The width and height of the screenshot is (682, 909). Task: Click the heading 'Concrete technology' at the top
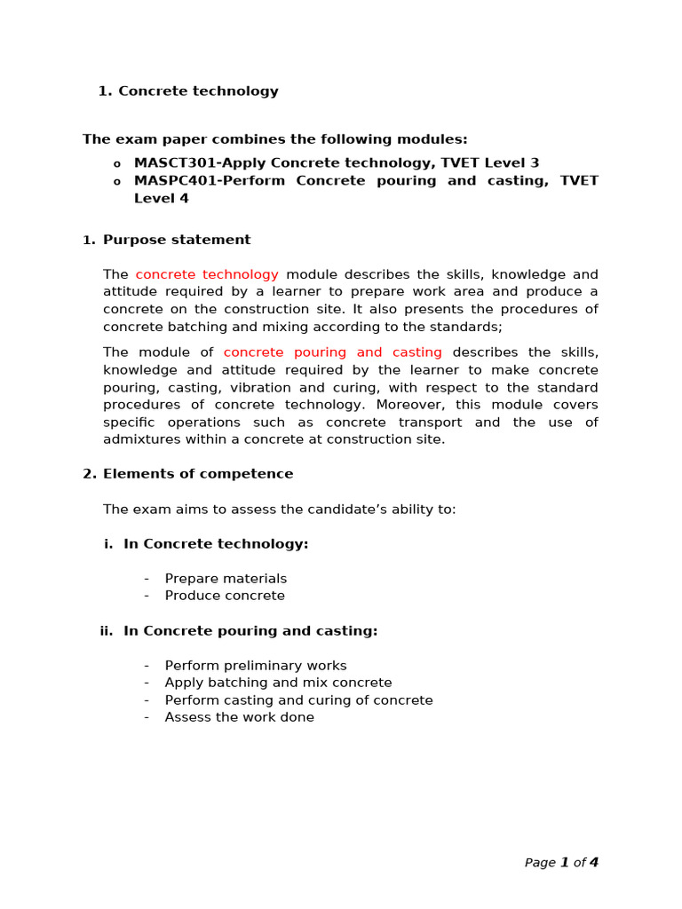198,91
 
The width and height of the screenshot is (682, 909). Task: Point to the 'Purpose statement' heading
177,240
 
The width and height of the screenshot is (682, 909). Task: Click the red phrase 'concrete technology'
207,275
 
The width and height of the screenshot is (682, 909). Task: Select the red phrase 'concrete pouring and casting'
332,353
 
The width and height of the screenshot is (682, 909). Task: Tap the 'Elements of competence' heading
198,474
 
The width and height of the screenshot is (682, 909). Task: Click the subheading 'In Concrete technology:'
216,544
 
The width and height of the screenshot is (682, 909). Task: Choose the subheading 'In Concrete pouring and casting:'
250,631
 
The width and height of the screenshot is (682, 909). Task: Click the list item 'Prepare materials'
226,579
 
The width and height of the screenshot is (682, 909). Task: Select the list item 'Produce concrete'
225,596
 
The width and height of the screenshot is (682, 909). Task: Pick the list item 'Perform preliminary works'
256,666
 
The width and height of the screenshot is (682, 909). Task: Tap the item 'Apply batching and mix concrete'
278,683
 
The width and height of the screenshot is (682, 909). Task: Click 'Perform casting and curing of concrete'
298,700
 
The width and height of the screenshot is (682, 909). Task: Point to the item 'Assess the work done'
239,717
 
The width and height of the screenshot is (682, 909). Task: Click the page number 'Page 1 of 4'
561,862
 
